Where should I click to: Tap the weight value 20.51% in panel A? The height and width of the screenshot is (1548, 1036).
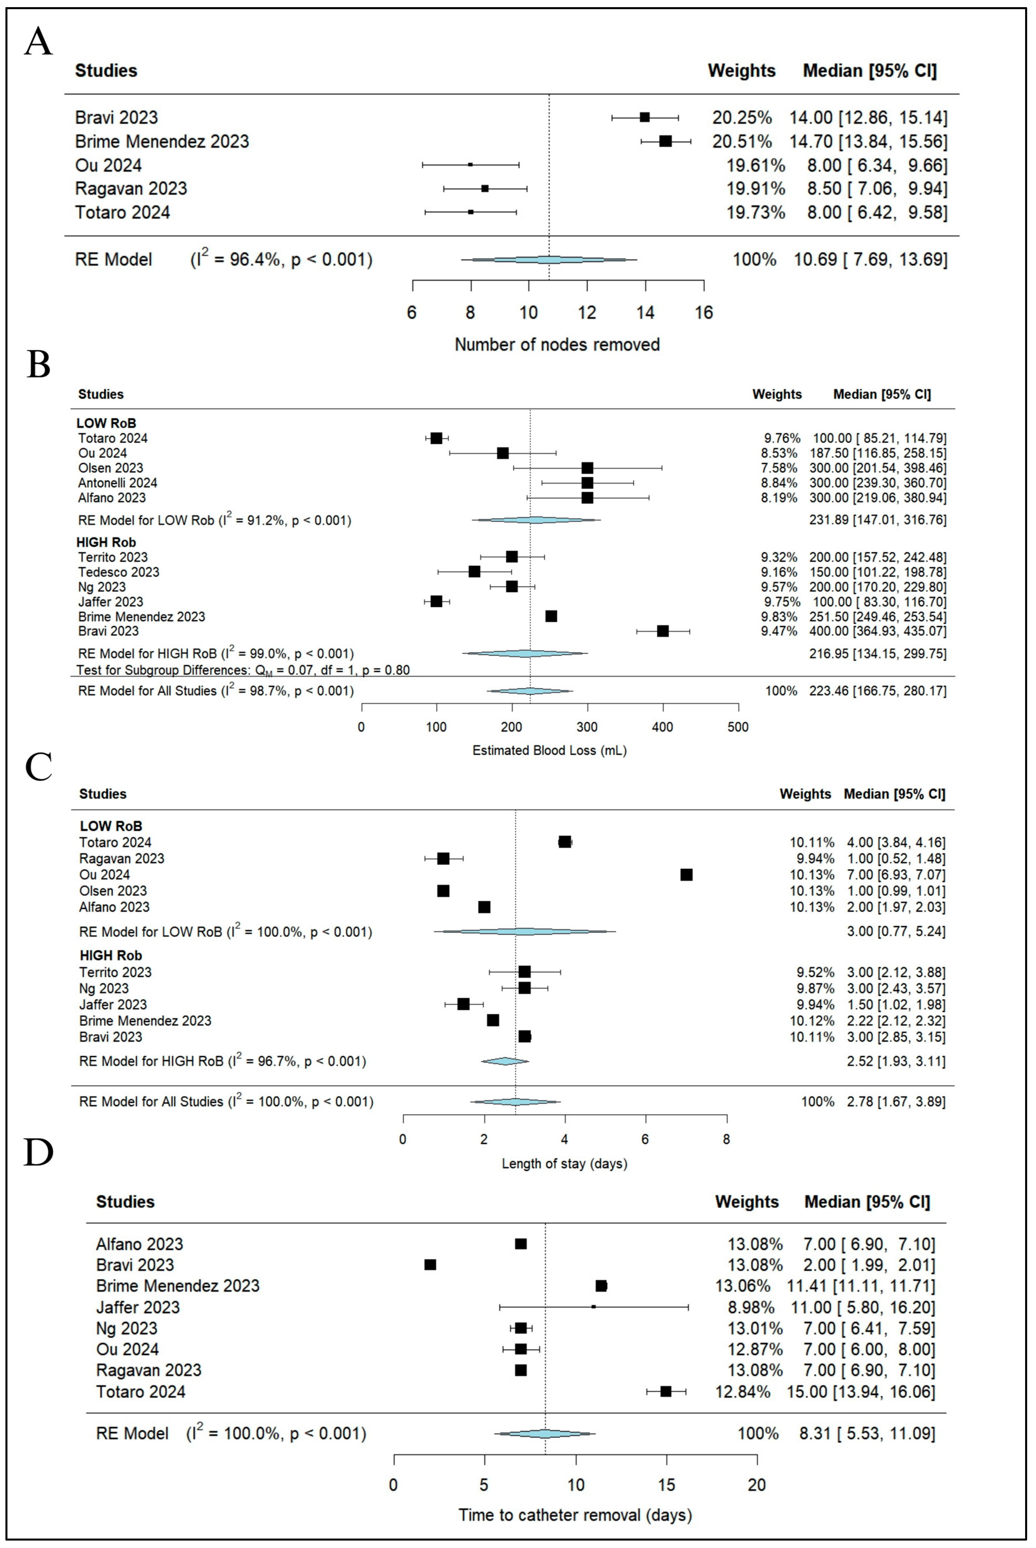[741, 141]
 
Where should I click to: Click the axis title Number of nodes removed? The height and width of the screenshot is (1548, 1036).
[557, 344]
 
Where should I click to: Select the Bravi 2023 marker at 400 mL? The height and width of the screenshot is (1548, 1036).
[663, 631]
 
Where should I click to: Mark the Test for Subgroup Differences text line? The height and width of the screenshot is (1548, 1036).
[243, 670]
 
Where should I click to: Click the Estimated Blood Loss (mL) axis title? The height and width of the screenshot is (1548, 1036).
[550, 750]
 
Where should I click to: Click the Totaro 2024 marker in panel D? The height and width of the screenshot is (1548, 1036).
[665, 1392]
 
